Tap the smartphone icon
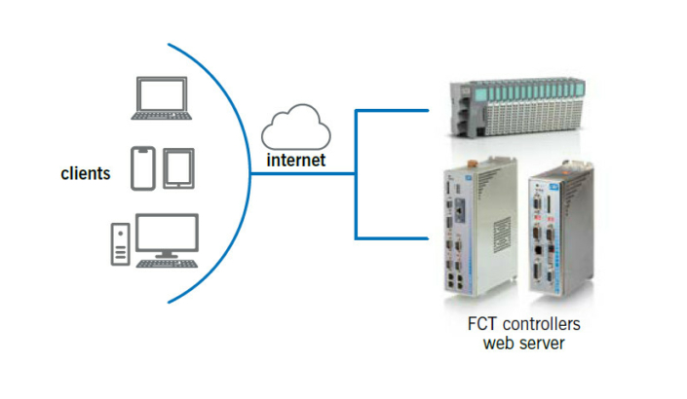pyautogui.click(x=143, y=167)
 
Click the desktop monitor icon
pyautogui.click(x=167, y=235)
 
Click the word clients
pyautogui.click(x=85, y=174)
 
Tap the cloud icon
pyautogui.click(x=297, y=127)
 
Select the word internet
pyautogui.click(x=297, y=159)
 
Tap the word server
pyautogui.click(x=542, y=342)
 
